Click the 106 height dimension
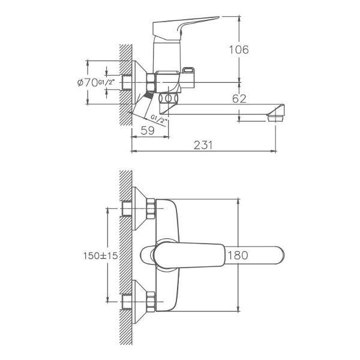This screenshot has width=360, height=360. (x=239, y=50)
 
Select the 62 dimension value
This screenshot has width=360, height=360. (x=239, y=99)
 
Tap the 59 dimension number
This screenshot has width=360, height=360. (x=148, y=130)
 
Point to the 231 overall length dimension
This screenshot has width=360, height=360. (x=203, y=145)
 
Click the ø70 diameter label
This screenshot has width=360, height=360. (x=88, y=83)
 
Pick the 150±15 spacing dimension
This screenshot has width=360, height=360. (x=100, y=256)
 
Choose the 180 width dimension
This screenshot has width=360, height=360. (x=238, y=256)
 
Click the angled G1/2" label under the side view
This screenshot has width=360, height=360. (x=158, y=119)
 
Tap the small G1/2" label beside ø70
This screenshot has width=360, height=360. (x=106, y=82)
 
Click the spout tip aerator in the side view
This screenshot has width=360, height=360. (x=276, y=118)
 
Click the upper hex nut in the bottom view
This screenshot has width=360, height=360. (x=151, y=208)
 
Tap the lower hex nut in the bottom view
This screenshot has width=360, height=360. (x=151, y=302)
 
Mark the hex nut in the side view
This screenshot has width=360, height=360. (x=151, y=82)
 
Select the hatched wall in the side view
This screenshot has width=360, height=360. (x=126, y=85)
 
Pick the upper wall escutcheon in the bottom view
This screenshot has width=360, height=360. (x=139, y=208)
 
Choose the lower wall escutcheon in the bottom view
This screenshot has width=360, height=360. (x=139, y=302)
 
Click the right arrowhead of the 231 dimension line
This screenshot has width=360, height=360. (x=274, y=151)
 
